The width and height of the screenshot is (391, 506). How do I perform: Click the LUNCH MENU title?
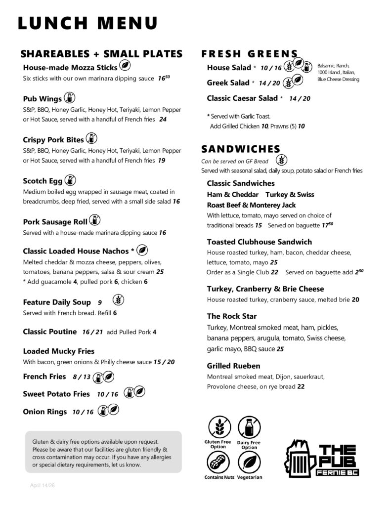(87, 23)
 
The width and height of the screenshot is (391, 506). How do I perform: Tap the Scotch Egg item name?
(43, 181)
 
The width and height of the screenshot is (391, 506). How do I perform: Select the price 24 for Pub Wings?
(163, 119)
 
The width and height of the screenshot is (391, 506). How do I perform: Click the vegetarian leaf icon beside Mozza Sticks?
(126, 66)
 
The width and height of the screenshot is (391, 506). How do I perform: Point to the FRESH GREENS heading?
(250, 54)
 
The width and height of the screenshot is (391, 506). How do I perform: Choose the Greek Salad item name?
(228, 83)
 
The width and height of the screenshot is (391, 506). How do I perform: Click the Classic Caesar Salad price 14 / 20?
(300, 98)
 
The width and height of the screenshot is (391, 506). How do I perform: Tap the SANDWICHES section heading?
(241, 149)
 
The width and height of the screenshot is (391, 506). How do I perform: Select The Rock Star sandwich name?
(231, 316)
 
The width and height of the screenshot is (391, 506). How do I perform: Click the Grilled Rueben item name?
(233, 366)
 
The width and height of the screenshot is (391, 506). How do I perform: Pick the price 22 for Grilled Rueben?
(301, 386)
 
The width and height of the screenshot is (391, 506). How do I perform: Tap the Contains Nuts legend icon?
(218, 463)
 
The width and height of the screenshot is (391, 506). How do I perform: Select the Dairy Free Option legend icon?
(249, 427)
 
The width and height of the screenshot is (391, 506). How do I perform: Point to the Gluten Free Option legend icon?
(218, 427)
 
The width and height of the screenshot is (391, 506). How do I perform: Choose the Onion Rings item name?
(45, 411)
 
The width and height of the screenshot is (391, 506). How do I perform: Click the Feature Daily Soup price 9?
(100, 302)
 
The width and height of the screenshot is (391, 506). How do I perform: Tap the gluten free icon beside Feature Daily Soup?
(119, 299)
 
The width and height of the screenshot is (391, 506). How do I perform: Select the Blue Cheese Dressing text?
(338, 80)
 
